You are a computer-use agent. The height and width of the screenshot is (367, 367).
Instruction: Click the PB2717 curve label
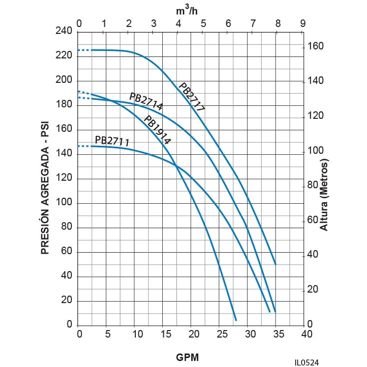point(192,97)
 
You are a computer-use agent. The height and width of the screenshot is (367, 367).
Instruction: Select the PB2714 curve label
point(146,101)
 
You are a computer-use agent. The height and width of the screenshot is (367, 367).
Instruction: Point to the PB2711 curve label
point(112,141)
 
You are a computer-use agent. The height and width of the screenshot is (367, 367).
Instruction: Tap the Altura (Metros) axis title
point(324,195)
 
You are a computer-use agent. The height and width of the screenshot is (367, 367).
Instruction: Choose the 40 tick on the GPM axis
point(306,334)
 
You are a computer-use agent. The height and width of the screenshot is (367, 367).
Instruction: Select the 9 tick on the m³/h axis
point(303,23)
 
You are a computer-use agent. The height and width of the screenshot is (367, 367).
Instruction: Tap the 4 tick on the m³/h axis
point(178,23)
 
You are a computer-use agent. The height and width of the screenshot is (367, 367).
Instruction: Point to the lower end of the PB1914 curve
point(236,320)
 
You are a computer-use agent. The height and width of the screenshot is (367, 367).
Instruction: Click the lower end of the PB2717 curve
point(276,264)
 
